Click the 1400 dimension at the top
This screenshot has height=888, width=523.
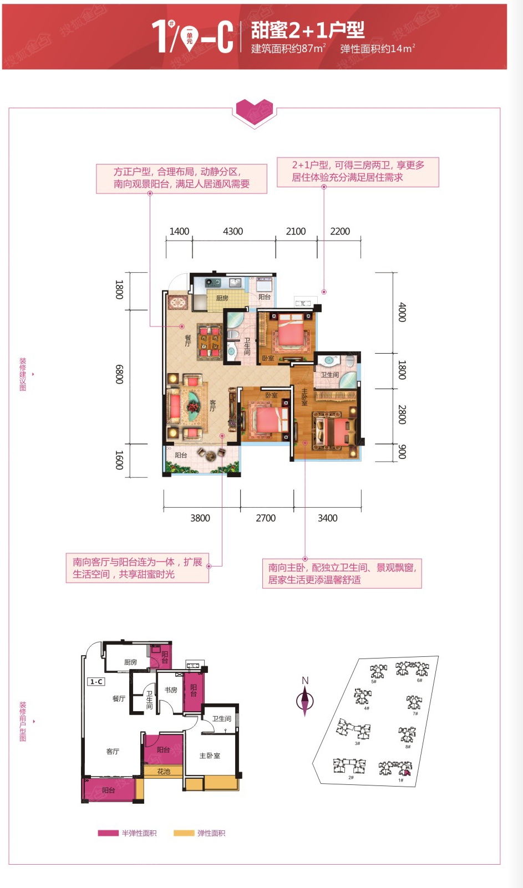(x=179, y=231)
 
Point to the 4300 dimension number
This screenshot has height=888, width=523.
(x=233, y=231)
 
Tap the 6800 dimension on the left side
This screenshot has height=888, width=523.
(x=119, y=374)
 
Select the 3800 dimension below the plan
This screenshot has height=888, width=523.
(x=200, y=518)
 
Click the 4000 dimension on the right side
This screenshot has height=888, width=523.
(x=402, y=312)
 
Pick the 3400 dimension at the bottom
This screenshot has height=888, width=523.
(x=327, y=518)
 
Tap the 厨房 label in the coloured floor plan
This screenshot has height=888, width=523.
(x=222, y=298)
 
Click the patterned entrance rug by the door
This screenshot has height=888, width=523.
(x=179, y=303)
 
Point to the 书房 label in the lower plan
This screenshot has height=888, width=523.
(x=171, y=690)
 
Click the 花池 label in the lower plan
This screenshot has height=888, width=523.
(x=163, y=771)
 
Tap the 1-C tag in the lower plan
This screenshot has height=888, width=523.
(x=97, y=681)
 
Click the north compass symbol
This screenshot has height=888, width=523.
(x=304, y=700)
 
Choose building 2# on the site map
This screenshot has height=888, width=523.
(x=349, y=767)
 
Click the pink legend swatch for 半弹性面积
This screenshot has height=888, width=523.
(x=108, y=833)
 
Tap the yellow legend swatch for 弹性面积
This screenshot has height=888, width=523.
(x=184, y=833)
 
